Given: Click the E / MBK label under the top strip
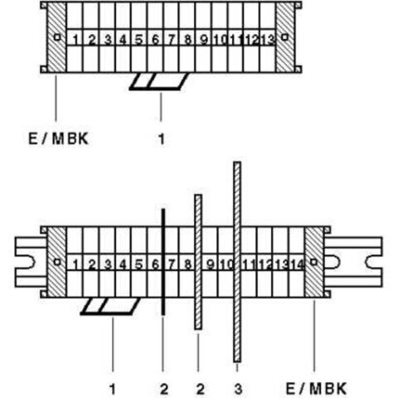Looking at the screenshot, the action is click(x=59, y=138).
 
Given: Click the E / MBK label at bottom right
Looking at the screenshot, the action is click(x=316, y=389).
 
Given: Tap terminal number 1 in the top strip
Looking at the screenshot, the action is click(x=75, y=40).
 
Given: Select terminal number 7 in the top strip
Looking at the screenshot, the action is click(x=172, y=40).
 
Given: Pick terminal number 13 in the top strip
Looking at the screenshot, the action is click(x=267, y=40).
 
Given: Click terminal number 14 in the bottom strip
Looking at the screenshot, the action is click(x=298, y=265).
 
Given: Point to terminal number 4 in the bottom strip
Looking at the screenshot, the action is click(x=123, y=265).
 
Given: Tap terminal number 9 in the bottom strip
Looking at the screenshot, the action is click(x=211, y=265).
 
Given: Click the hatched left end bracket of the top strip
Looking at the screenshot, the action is click(x=56, y=37).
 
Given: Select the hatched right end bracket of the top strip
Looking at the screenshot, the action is click(x=285, y=37).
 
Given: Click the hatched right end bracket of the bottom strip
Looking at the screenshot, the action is click(x=314, y=262).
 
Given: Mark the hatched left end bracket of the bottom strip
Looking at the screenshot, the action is click(x=56, y=262).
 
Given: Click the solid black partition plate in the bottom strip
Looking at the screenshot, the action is click(x=163, y=262).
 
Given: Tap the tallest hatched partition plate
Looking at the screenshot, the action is click(x=237, y=262).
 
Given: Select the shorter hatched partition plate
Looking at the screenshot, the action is click(x=198, y=262).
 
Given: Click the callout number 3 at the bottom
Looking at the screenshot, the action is click(x=238, y=389).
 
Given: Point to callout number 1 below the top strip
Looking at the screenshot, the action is click(x=161, y=138).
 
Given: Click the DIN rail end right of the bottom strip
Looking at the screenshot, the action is click(x=353, y=262).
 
